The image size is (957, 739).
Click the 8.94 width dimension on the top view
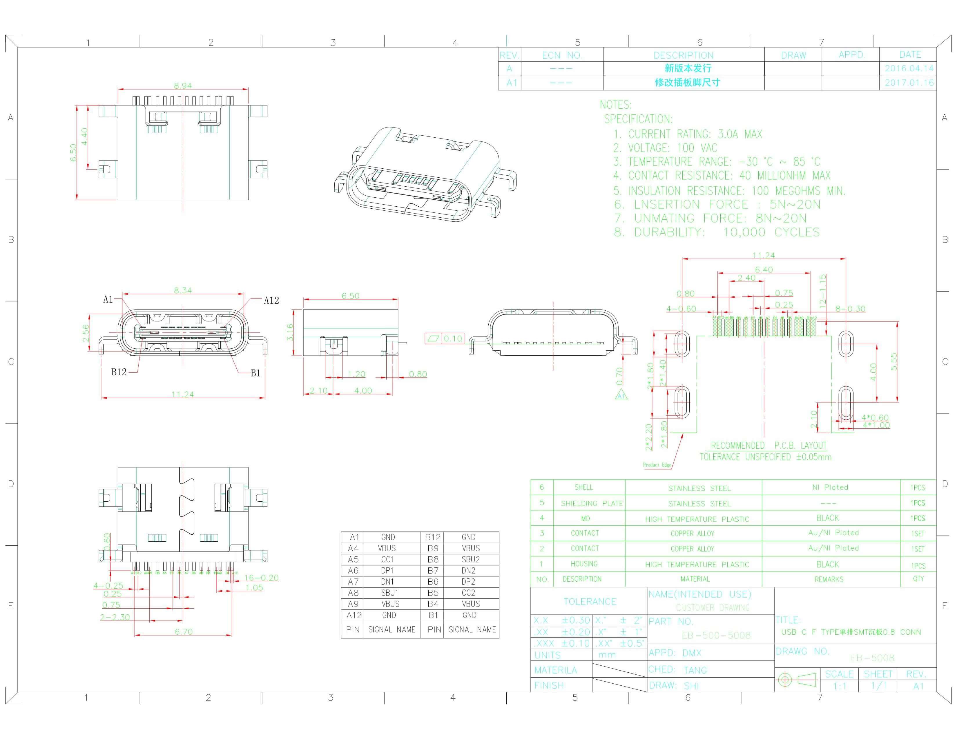[183, 85]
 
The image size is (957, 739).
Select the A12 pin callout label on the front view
[271, 300]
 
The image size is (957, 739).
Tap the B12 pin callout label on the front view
[119, 372]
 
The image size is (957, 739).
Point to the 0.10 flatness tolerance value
[453, 338]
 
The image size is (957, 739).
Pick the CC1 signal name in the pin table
[387, 560]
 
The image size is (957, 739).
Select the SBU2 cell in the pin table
[471, 560]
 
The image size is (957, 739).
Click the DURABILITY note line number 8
[619, 232]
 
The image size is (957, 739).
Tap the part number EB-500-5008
[716, 635]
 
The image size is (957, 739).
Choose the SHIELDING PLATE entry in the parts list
[592, 503]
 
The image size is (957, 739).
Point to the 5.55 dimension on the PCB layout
[894, 362]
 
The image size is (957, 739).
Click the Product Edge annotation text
[657, 465]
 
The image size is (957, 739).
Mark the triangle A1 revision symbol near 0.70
[621, 396]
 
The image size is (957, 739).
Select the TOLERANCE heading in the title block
[590, 602]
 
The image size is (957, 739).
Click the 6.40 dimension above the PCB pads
[764, 270]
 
